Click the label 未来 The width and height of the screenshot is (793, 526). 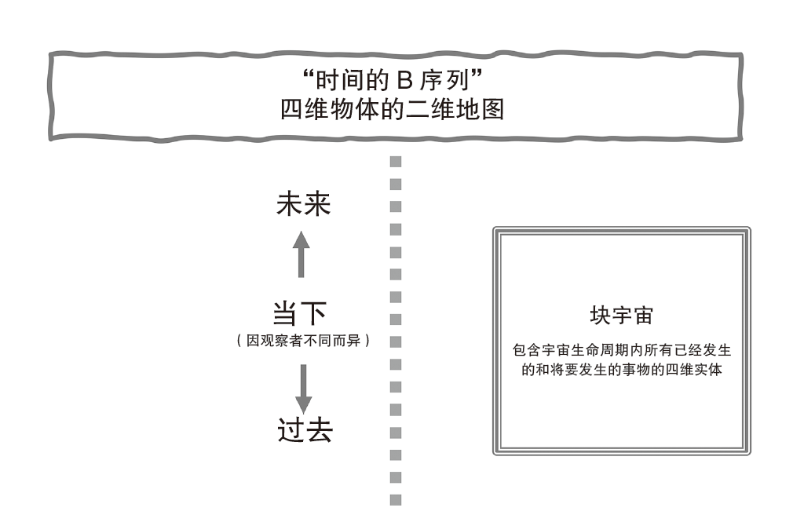303,206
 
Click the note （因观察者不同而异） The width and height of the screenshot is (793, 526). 303,343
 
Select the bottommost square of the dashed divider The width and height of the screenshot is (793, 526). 396,498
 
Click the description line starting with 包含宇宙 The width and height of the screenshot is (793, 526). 621,350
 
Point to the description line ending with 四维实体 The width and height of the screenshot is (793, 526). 621,369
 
